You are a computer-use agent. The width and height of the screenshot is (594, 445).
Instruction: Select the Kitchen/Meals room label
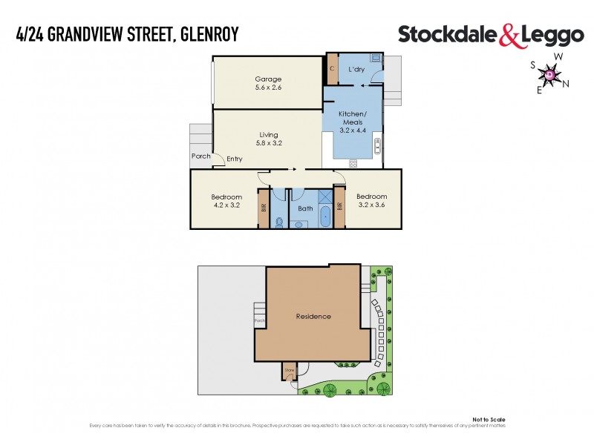pos(353,122)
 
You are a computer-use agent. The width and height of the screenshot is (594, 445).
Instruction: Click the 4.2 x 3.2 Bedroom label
pos(227,200)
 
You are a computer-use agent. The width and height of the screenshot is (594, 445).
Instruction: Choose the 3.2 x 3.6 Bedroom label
pos(372,200)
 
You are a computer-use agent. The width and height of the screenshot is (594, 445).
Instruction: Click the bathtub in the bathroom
pos(325,217)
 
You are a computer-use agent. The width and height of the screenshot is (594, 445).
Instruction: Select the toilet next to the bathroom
pos(278,220)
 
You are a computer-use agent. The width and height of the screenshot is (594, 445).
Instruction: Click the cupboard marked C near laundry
pos(333,69)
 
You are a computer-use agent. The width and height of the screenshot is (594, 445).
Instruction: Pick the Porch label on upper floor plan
pos(201,156)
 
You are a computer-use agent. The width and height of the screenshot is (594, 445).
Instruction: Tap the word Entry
pos(235,159)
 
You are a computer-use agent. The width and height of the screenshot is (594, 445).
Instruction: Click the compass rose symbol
pos(549,74)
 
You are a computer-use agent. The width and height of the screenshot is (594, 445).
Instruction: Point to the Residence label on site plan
pos(313,317)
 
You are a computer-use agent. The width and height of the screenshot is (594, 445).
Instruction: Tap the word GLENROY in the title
pos(209,35)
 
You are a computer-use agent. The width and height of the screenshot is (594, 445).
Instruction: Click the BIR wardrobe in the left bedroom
pos(263,208)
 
